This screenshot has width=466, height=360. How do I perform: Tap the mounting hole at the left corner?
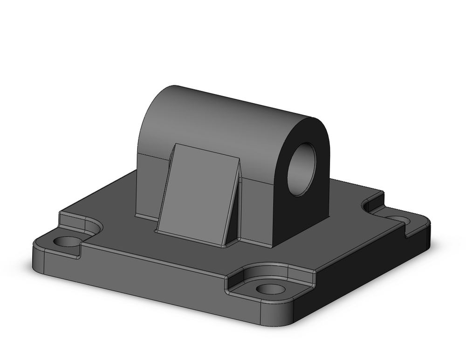[68, 242]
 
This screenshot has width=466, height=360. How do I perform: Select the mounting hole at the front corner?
[271, 289]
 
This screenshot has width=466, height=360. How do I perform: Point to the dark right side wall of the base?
[363, 275]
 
